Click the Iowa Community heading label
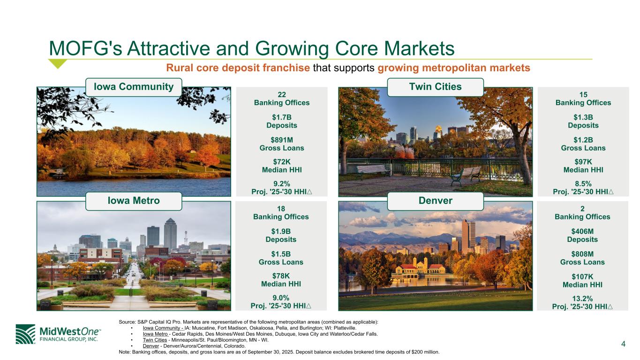point(134,87)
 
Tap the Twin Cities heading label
point(435,87)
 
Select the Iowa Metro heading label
point(134,201)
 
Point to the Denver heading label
point(435,201)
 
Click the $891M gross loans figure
point(282,140)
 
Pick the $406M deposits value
point(582,232)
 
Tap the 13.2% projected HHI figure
point(582,299)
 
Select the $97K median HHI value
point(583,162)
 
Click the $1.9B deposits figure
point(281,232)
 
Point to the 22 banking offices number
point(282,95)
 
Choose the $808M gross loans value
point(582,254)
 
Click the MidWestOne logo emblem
point(25,334)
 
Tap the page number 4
point(623,344)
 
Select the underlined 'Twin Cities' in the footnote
point(155,340)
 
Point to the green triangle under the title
point(58,63)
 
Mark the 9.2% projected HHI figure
point(282,184)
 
